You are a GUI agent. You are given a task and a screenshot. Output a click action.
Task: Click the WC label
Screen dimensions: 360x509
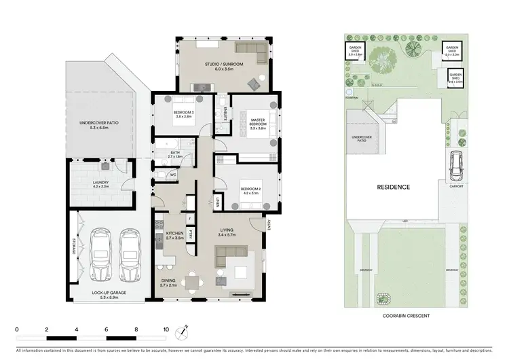coord(173,175)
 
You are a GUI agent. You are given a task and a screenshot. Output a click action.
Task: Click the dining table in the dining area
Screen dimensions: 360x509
coord(194,278)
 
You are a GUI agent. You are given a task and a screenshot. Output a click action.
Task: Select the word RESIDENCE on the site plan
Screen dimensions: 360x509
coord(394,187)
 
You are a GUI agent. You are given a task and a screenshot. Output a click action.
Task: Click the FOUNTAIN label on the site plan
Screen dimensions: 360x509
coord(351,97)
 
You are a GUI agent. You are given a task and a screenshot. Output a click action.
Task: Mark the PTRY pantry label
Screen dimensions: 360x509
coord(191,234)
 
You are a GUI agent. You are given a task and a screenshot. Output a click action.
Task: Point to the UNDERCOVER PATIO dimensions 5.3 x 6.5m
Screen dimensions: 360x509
coord(99,127)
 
